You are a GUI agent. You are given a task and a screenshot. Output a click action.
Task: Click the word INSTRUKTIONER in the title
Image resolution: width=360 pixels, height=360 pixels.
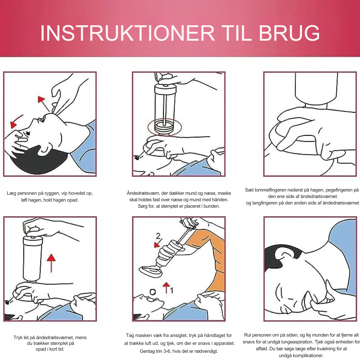pyautogui.click(x=127, y=33)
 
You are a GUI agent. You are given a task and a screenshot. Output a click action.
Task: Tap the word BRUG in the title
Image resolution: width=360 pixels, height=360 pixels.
pyautogui.click(x=289, y=33)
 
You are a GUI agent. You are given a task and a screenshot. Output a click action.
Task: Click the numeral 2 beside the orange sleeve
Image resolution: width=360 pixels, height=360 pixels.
pyautogui.click(x=158, y=236)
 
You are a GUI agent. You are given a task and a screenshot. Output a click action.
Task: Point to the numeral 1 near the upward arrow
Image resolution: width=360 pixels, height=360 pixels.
pyautogui.click(x=171, y=291)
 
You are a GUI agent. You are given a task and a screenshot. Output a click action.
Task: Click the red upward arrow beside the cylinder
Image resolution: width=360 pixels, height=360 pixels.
pyautogui.click(x=51, y=263)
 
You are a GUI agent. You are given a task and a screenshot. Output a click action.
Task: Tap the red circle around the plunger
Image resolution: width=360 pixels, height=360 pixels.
pyautogui.click(x=165, y=127)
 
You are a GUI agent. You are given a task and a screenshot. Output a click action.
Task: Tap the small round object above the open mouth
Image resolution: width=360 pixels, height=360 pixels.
pyautogui.click(x=153, y=292)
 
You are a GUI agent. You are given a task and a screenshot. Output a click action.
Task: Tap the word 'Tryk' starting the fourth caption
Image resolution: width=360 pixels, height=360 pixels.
pyautogui.click(x=18, y=338)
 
